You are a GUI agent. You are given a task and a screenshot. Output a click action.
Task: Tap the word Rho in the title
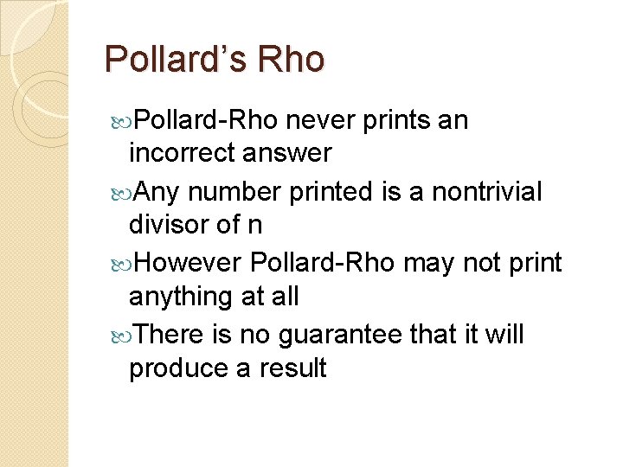click(x=292, y=60)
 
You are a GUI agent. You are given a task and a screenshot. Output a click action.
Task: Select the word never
click(x=320, y=121)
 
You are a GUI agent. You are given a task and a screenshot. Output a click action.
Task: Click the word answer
click(x=288, y=153)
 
